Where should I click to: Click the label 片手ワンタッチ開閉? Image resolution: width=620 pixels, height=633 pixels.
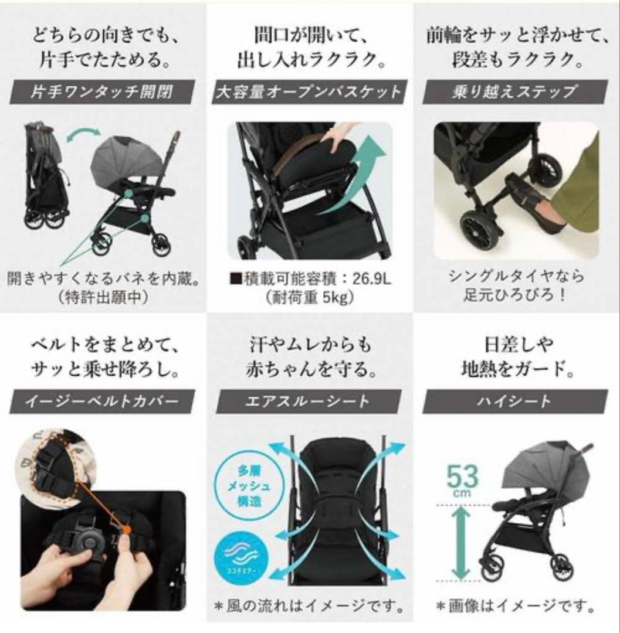103,92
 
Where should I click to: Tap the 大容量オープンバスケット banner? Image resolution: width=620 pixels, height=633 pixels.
310,92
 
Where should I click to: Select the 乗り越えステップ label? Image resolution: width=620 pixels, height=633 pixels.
516,92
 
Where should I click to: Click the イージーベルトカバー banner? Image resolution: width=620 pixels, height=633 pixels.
103,401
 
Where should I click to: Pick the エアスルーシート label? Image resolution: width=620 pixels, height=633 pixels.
310,401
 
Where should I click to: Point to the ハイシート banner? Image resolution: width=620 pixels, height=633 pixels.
516,401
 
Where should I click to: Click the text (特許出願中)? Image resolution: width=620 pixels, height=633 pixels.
103,297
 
